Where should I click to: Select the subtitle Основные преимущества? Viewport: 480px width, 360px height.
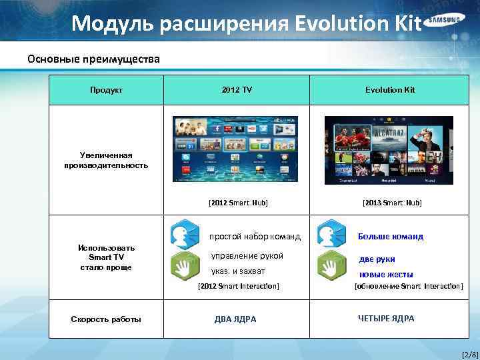pos(93,59)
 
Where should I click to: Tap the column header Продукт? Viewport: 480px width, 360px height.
pos(107,89)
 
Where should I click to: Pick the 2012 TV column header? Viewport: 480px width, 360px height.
pos(238,89)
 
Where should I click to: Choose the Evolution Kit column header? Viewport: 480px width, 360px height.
pos(390,89)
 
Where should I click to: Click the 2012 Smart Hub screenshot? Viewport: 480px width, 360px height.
pos(235,149)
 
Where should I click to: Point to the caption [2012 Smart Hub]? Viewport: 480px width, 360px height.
pos(238,201)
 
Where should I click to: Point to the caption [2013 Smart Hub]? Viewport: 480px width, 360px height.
pos(392,201)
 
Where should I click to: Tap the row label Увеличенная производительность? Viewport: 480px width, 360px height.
pos(107,160)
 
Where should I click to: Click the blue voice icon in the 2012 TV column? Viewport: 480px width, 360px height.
pos(185,234)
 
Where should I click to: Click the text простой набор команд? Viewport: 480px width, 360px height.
pos(255,236)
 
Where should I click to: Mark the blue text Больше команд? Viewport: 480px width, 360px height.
pos(391,236)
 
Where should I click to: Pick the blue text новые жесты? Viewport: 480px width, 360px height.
pos(386,274)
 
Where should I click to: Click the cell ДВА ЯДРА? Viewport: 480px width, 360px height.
pos(235,319)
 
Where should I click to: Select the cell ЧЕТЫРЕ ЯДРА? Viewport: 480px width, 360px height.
pos(386,319)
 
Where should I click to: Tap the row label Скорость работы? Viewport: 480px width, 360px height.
pos(106,319)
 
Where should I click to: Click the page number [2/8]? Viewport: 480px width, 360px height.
pos(469,353)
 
